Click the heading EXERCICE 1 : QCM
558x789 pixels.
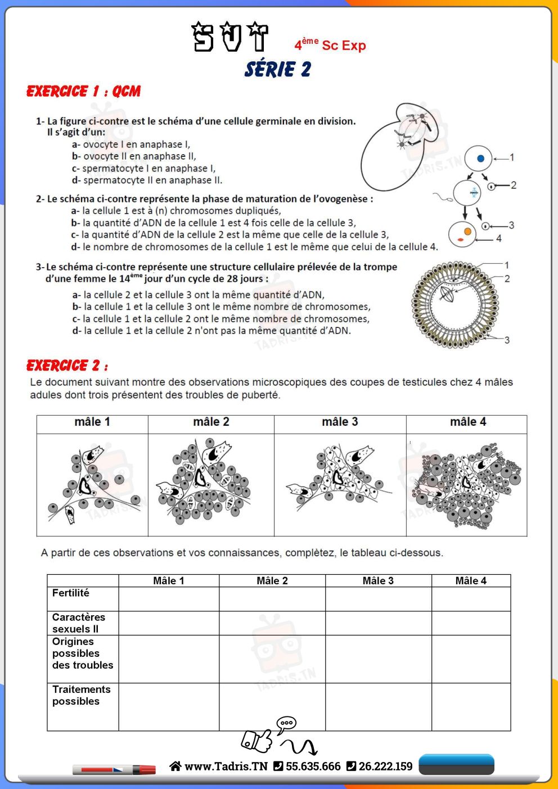[x=83, y=91]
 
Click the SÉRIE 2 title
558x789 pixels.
[x=278, y=69]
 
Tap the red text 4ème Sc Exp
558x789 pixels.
[x=330, y=45]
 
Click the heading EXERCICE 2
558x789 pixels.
[x=67, y=366]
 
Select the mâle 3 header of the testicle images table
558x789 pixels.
[x=340, y=422]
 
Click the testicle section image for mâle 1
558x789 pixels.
[x=92, y=485]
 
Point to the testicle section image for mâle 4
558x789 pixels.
[x=466, y=485]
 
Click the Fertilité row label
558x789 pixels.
[x=71, y=593]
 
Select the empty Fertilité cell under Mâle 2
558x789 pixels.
[x=272, y=599]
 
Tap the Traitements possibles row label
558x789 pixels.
[x=81, y=695]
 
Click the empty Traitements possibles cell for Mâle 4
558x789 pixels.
[x=471, y=707]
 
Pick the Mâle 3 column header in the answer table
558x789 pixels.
[x=378, y=581]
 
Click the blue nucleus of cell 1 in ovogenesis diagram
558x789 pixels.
[x=480, y=159]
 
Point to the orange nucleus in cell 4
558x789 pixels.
[x=467, y=231]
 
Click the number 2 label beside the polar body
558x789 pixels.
[x=514, y=185]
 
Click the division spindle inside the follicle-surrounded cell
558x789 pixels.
[x=448, y=295]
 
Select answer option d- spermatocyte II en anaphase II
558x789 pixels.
[x=147, y=181]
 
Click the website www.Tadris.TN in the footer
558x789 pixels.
[x=226, y=767]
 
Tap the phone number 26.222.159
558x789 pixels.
[x=385, y=767]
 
